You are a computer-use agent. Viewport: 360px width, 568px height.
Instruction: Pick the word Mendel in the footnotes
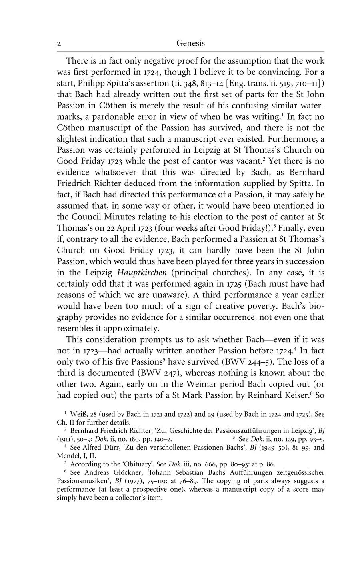coord(66,455)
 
